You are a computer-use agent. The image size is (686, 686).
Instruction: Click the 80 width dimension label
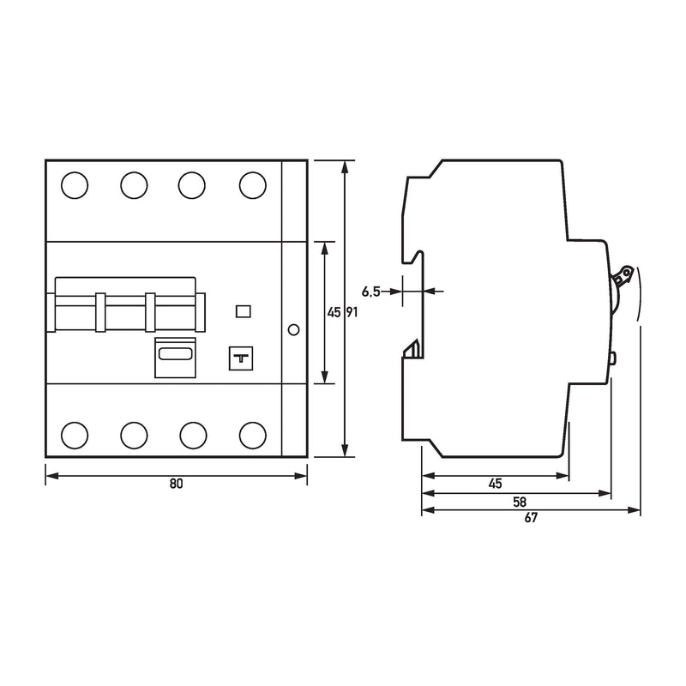click(x=176, y=484)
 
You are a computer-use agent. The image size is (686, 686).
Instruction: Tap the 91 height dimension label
click(x=352, y=312)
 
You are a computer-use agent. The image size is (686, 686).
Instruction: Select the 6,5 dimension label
click(x=371, y=292)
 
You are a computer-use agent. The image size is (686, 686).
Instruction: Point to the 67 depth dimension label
click(x=531, y=518)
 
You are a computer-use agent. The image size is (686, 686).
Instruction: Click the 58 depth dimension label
click(x=520, y=502)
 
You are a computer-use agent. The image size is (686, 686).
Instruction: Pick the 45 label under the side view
click(x=496, y=484)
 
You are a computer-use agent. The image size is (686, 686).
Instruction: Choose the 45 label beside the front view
click(x=334, y=312)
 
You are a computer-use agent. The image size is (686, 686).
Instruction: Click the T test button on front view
click(x=241, y=358)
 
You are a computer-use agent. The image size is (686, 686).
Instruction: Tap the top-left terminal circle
click(x=75, y=185)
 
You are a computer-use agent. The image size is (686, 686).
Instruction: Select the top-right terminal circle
click(x=253, y=185)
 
